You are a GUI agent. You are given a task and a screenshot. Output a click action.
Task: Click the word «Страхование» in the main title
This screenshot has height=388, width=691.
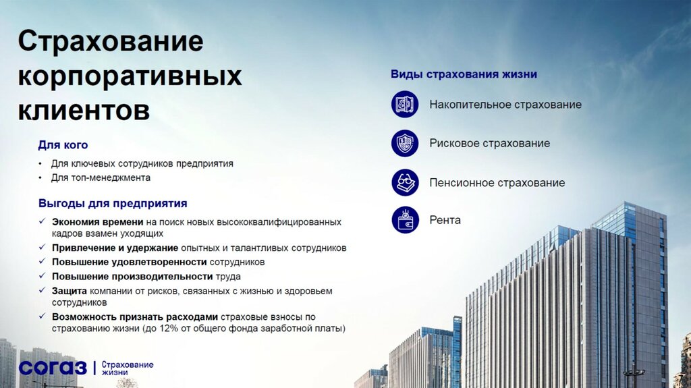point(110,41)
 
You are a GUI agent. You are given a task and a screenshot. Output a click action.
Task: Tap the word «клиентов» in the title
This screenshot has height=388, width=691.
point(84,110)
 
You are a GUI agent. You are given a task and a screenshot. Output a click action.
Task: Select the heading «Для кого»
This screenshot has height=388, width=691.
point(63,145)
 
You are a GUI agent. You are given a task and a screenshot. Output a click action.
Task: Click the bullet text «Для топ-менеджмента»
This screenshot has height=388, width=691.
point(101,177)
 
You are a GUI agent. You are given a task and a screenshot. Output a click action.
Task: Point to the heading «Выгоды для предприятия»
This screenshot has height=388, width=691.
point(113,203)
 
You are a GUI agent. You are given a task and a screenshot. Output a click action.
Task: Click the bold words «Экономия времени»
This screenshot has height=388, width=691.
point(97,221)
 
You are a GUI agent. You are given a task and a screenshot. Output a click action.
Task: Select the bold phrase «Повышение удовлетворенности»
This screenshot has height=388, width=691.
point(129,262)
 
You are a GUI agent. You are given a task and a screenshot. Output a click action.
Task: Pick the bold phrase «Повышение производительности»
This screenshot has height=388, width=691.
point(132,276)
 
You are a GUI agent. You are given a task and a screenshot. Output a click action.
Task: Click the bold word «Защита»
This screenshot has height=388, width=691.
point(68,291)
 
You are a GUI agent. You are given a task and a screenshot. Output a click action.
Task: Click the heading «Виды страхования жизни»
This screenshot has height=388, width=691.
point(464,74)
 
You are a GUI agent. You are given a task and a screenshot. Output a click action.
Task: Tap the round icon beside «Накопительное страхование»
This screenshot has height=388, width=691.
point(405,105)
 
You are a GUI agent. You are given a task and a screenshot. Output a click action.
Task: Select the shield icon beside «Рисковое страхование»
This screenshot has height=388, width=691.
point(405,143)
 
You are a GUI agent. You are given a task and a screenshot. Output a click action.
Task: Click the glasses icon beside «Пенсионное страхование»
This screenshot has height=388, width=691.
point(405,183)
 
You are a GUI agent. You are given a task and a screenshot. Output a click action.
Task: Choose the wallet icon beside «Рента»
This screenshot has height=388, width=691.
point(405,220)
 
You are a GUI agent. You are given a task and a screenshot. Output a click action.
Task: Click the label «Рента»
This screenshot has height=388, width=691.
point(445,220)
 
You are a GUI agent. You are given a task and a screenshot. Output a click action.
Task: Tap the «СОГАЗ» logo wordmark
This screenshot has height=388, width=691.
point(53,368)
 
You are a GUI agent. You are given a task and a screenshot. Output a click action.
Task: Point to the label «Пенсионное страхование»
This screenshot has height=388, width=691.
point(497,183)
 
